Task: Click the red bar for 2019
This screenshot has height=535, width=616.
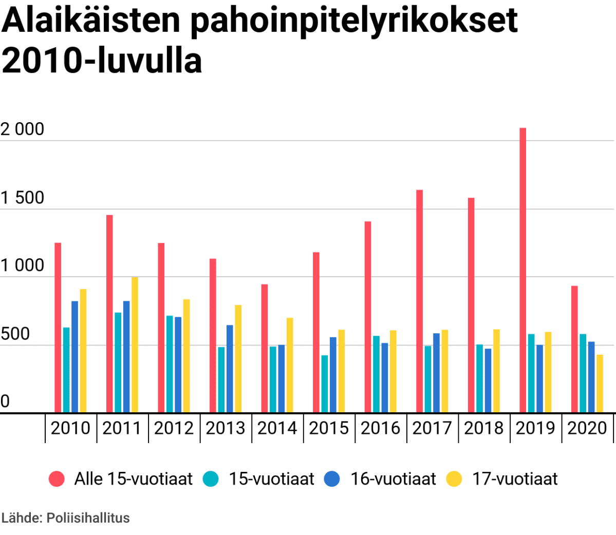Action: click(x=522, y=270)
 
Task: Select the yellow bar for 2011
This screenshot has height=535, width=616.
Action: click(x=135, y=345)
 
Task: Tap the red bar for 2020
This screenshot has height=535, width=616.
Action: click(x=574, y=349)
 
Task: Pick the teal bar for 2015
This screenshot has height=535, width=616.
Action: click(x=325, y=384)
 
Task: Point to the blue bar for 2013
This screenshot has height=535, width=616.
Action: click(x=230, y=369)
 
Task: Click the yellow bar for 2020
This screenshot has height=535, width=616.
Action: click(x=600, y=384)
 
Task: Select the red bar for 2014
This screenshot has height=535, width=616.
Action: click(x=264, y=348)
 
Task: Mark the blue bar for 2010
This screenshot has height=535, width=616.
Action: click(x=74, y=356)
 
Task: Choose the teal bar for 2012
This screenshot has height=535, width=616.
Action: click(x=170, y=364)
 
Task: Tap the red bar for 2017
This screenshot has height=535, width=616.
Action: click(x=419, y=301)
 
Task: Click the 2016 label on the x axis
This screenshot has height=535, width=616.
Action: click(x=380, y=428)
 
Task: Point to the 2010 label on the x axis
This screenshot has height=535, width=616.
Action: click(x=70, y=428)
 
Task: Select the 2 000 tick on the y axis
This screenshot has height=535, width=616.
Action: click(x=23, y=129)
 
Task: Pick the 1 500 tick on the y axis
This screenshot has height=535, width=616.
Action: click(x=23, y=198)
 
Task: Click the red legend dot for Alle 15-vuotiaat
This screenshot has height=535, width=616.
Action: click(x=57, y=479)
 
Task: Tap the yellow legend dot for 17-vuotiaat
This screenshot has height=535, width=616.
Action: click(x=454, y=479)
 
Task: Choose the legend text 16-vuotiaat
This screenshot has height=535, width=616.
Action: click(x=393, y=479)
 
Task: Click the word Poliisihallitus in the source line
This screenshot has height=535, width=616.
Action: click(x=88, y=518)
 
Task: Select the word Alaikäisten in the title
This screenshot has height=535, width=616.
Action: click(x=91, y=21)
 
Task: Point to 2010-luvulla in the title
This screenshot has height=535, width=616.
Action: click(x=102, y=61)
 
